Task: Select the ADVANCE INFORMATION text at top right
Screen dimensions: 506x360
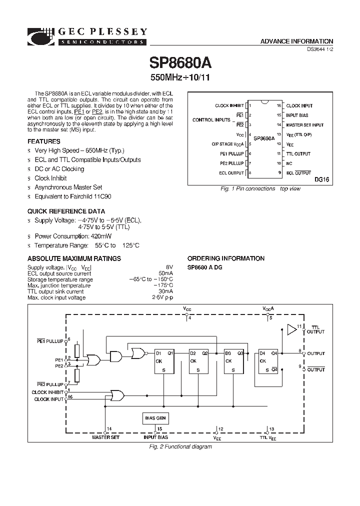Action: click(x=296, y=41)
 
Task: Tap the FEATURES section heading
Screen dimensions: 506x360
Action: click(x=44, y=141)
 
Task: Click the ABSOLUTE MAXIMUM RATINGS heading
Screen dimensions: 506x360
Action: click(x=74, y=258)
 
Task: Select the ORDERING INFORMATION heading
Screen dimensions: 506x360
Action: click(x=225, y=258)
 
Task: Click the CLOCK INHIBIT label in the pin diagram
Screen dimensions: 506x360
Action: click(x=229, y=106)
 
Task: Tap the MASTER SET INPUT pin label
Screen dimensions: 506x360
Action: click(x=304, y=125)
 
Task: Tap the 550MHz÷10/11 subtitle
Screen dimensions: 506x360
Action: click(x=179, y=78)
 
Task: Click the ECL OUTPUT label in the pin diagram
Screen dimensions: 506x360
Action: click(x=231, y=173)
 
